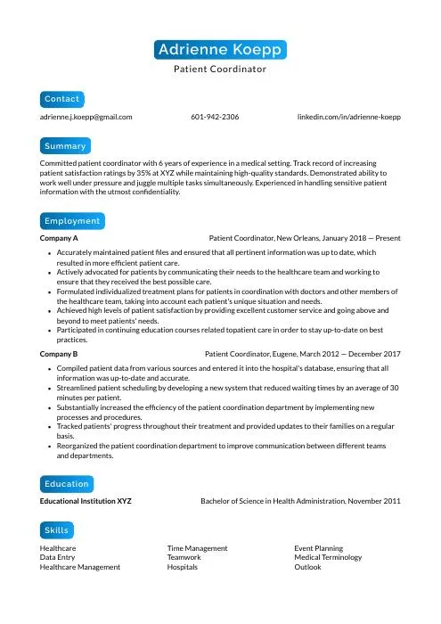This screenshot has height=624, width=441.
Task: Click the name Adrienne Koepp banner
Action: pyautogui.click(x=220, y=49)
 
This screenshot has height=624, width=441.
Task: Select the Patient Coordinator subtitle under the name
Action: pyautogui.click(x=220, y=69)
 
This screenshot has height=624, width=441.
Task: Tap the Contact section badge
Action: pyautogui.click(x=62, y=98)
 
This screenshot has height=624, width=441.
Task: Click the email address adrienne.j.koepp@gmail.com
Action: pyautogui.click(x=86, y=116)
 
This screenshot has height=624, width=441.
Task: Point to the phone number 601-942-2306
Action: pyautogui.click(x=215, y=116)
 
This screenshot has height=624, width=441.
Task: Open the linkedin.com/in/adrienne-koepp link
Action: pyautogui.click(x=349, y=116)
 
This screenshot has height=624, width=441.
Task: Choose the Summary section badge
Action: pyautogui.click(x=65, y=145)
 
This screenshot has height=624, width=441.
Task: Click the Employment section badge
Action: pyautogui.click(x=71, y=220)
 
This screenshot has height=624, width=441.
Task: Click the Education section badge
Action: pyautogui.click(x=67, y=483)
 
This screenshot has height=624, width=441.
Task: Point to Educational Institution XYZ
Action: pyautogui.click(x=86, y=502)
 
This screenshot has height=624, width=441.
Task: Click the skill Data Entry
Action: pyautogui.click(x=58, y=557)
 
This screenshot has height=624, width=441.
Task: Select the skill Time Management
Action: pyautogui.click(x=197, y=547)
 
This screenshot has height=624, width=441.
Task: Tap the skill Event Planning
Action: pyautogui.click(x=318, y=547)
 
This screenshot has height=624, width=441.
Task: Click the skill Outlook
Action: pyautogui.click(x=307, y=567)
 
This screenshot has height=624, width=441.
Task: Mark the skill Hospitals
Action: pyautogui.click(x=183, y=567)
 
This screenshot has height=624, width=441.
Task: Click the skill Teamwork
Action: pyautogui.click(x=184, y=557)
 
